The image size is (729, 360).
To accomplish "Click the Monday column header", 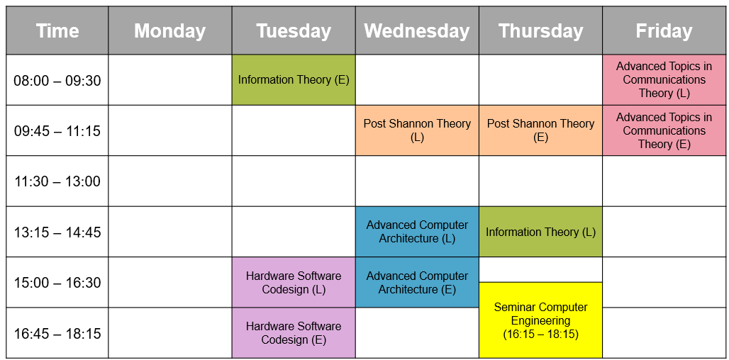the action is pos(170,30).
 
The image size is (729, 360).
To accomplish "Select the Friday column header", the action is pos(664,30).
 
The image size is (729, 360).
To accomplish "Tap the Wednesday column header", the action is pos(417,30).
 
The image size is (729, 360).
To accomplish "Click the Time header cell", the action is pos(57,30).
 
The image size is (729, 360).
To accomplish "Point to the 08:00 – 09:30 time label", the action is pos(57,81).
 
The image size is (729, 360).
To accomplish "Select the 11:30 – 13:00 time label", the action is pos(57,181).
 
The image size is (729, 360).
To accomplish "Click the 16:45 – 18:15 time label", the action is pos(57,334).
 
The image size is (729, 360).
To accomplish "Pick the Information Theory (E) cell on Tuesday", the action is pos(294,80).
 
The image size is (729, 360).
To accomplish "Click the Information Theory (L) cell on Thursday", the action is pos(540,232).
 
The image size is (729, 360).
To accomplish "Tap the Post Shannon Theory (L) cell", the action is pos(417,130).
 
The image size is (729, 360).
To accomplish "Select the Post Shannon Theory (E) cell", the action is pos(540,130).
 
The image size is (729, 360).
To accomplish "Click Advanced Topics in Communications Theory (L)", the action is pos(664,80).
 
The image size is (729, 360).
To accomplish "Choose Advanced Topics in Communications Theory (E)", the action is pos(664,130).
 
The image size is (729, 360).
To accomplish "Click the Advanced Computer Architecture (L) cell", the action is pos(417,232).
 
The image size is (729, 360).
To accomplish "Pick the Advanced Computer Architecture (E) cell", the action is pos(417,283).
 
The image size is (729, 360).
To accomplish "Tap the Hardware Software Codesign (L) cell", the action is pos(294,283).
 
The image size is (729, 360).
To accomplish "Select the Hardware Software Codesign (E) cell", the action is pos(294,333).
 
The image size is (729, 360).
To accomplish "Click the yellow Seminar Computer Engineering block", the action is pos(540,320).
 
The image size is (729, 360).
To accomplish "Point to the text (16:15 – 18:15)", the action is pos(540,334).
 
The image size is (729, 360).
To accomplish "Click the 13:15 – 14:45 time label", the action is pos(57,232).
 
